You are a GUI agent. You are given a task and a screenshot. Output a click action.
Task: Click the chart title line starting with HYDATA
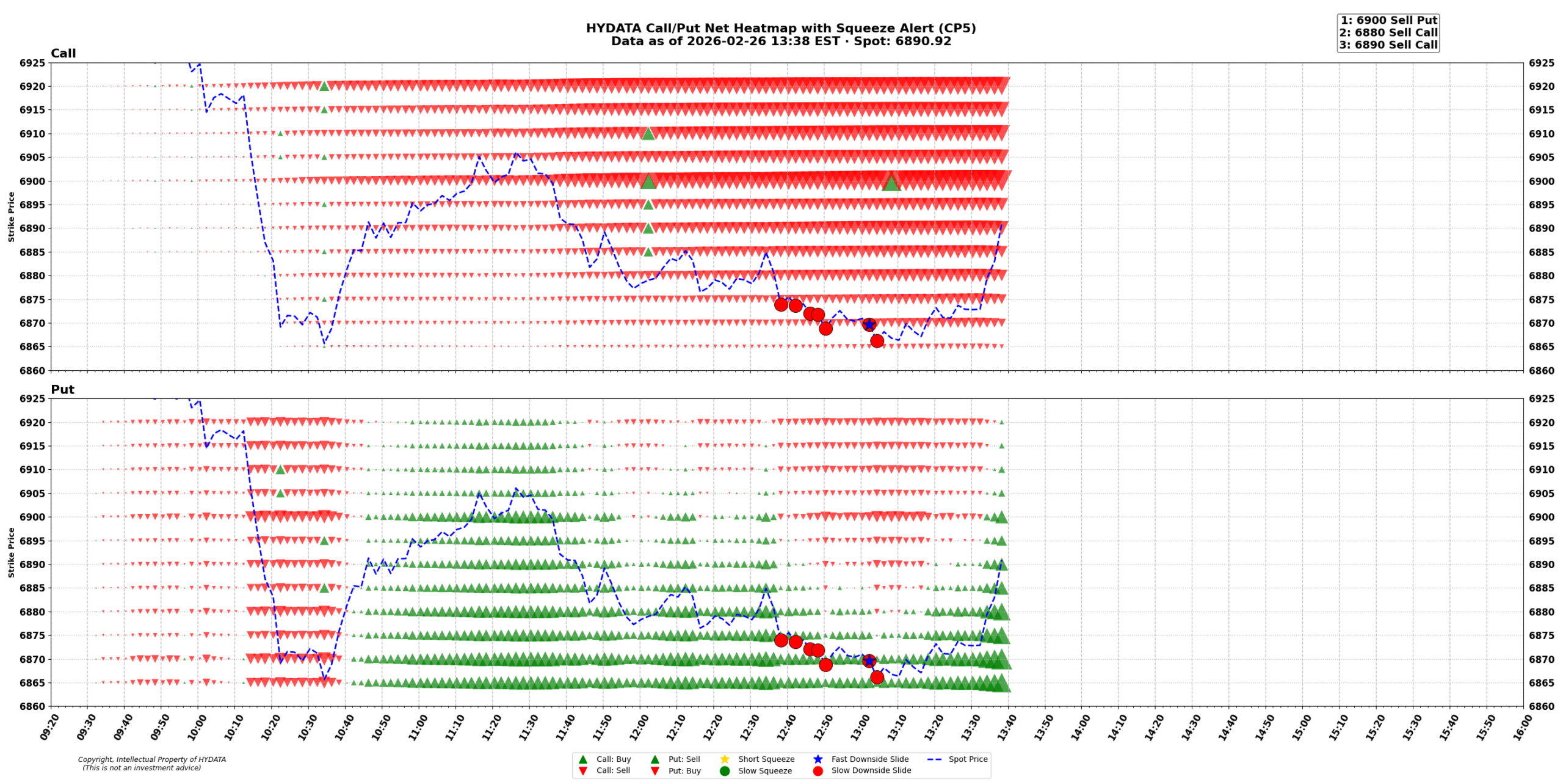pos(780,29)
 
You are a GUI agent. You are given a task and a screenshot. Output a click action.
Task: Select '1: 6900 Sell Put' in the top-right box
pos(1388,21)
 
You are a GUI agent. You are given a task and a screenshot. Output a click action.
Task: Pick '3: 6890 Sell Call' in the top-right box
pos(1388,45)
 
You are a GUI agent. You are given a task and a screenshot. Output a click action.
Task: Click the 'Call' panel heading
pos(63,54)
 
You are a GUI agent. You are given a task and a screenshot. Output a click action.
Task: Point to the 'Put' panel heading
pos(62,390)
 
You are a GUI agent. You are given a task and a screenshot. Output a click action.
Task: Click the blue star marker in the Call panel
pos(869,325)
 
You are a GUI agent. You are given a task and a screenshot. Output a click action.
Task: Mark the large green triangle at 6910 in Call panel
pos(648,133)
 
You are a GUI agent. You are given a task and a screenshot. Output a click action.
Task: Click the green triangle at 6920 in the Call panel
pos(324,86)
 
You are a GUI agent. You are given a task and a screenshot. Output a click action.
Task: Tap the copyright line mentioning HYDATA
pos(151,759)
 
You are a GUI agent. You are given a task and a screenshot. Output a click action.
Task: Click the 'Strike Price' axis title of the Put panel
pos(11,552)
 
